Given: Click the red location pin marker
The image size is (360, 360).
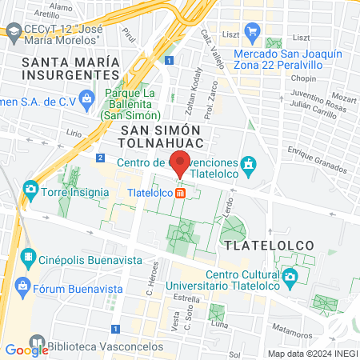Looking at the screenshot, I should pyautogui.click(x=181, y=163).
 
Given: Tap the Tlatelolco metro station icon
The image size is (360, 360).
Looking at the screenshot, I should pyautogui.click(x=181, y=193).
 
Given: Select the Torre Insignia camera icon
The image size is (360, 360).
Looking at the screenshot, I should pyautogui.click(x=30, y=189).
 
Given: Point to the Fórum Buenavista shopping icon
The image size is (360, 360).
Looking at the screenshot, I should pyautogui.click(x=22, y=286).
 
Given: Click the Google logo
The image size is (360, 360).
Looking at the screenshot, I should pyautogui.click(x=26, y=350).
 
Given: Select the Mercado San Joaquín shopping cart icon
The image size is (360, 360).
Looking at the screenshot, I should pyautogui.click(x=254, y=32).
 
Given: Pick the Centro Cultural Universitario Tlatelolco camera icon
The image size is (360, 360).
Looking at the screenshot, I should pyautogui.click(x=290, y=278).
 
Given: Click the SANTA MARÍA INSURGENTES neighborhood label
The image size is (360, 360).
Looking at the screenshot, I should pyautogui.click(x=71, y=69).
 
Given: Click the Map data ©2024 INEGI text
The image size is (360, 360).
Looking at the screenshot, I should pyautogui.click(x=311, y=354).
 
